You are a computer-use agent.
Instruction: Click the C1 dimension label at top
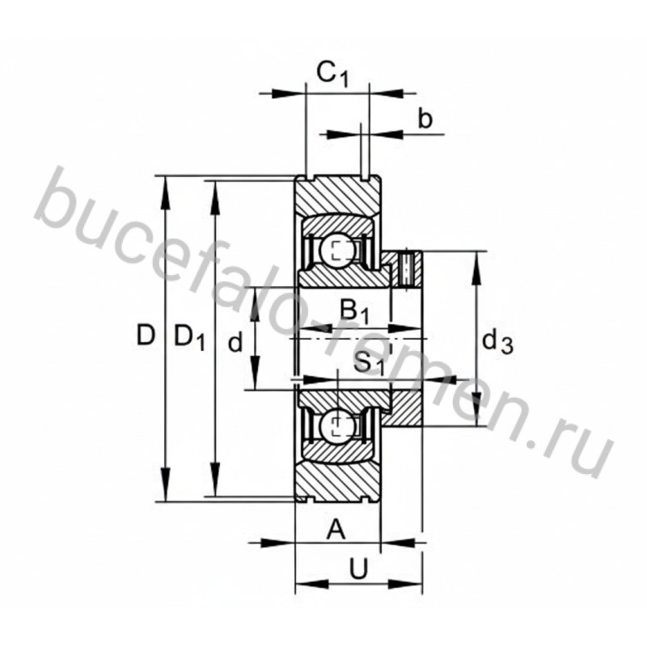332,74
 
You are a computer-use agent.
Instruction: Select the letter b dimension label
425,118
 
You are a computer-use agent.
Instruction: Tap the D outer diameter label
146,335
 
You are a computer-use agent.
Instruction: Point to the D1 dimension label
189,337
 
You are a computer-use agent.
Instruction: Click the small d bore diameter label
235,342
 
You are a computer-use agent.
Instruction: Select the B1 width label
354,311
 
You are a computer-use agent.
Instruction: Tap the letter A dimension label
336,530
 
